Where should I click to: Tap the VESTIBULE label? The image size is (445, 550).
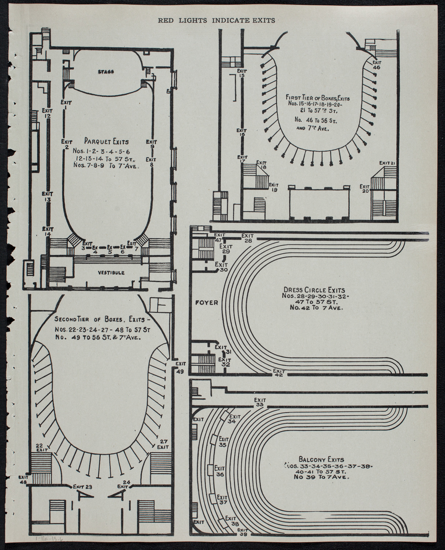point(111,273)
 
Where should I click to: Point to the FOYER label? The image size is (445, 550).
point(207,302)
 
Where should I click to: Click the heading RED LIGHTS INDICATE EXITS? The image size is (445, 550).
point(216,21)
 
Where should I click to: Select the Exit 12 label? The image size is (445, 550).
point(47,113)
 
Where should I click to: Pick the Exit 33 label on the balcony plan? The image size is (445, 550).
point(260,402)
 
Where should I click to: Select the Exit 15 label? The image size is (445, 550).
point(241,73)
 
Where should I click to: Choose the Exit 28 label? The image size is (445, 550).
point(248,238)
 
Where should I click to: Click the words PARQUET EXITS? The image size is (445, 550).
point(106,141)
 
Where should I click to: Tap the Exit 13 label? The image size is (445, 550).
point(47,197)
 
